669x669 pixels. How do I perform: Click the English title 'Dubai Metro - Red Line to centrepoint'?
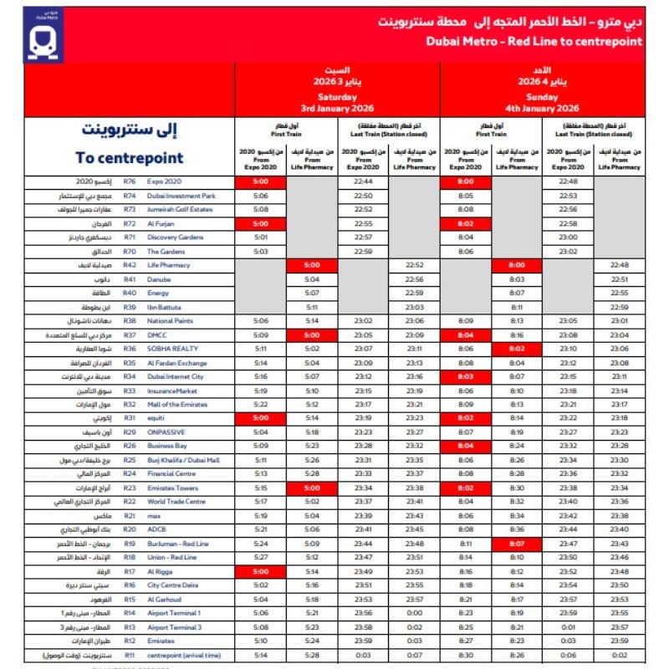[534, 40]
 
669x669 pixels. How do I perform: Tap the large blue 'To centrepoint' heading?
[129, 157]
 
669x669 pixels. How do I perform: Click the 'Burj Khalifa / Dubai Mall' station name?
[183, 460]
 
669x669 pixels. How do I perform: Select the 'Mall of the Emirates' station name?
[178, 404]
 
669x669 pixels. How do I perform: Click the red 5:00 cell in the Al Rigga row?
[259, 571]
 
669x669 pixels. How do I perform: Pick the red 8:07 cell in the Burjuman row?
[516, 544]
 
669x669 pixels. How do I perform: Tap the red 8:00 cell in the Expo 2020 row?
[466, 181]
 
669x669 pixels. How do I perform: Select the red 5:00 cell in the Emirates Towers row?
[311, 488]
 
